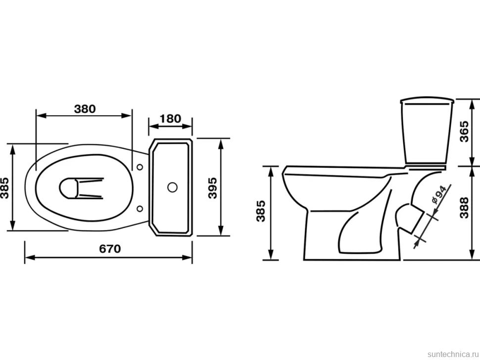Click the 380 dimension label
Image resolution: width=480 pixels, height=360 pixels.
[85, 109]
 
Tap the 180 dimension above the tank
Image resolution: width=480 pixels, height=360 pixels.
[171, 118]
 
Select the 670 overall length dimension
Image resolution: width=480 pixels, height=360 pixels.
[110, 249]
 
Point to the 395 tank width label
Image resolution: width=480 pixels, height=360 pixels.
[212, 188]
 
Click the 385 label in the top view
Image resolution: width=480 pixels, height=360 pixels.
[4, 188]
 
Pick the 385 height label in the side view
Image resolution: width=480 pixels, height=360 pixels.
[261, 211]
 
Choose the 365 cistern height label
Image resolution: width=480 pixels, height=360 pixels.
[464, 132]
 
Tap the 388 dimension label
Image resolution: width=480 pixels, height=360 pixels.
[464, 207]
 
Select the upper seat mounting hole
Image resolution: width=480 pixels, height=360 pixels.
[140, 167]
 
